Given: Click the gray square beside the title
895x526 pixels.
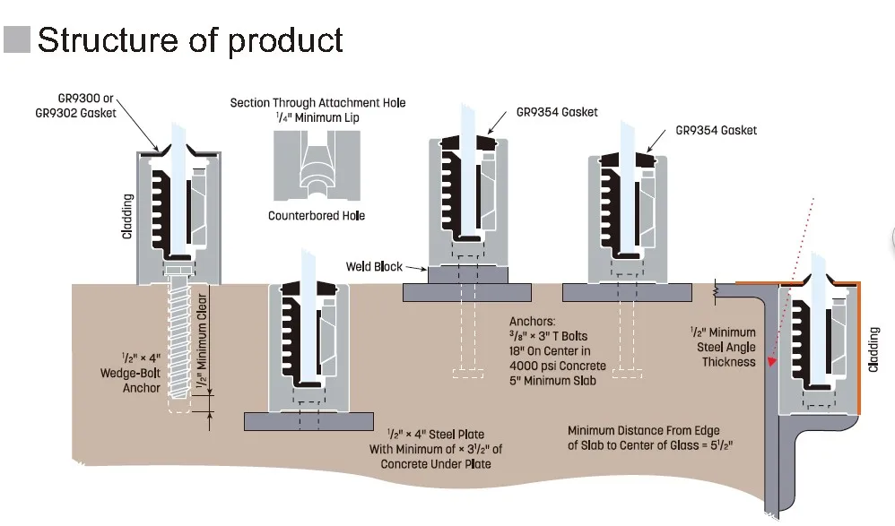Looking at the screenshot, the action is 16,39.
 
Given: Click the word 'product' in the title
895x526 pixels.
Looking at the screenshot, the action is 285,41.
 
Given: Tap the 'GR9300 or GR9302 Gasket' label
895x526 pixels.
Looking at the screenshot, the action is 75,106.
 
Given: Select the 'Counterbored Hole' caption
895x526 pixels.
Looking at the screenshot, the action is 317,216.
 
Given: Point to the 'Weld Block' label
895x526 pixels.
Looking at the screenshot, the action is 374,266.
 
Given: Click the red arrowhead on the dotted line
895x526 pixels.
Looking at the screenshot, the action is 772,360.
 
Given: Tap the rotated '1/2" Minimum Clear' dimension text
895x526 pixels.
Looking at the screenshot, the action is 202,341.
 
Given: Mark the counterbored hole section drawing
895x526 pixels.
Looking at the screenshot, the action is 317,166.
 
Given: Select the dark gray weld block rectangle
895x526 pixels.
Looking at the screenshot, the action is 467,274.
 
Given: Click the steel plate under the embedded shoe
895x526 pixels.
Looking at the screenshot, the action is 308,421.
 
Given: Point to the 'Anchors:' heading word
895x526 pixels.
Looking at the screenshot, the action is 532,321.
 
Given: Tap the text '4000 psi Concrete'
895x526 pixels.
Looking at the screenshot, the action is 558,366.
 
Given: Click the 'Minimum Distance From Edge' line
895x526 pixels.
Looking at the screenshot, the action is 643,430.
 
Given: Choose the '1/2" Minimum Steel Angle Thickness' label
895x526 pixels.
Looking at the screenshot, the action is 723,347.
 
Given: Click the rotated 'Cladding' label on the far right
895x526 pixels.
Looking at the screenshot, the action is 873,349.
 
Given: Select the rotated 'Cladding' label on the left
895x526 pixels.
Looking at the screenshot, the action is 128,216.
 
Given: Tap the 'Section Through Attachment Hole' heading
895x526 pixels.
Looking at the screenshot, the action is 318,103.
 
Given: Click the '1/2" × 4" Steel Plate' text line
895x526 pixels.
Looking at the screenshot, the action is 436,434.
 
